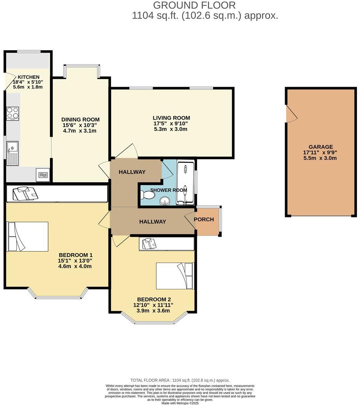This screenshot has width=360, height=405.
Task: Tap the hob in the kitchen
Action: click(13, 113)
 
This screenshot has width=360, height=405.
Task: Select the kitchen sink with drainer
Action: click(12, 153)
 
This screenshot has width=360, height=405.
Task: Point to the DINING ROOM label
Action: click(81, 120)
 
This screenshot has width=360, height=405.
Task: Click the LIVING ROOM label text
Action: click(171, 118)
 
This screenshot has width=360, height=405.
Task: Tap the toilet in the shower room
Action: click(147, 195)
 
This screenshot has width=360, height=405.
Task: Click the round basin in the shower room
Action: click(166, 200)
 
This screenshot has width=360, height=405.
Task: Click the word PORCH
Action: click(204, 220)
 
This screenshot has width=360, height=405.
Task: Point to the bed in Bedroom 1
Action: click(28, 236)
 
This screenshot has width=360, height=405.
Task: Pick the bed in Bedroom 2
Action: click(175, 276)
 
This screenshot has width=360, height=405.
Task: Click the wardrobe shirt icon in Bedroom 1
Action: click(25, 193)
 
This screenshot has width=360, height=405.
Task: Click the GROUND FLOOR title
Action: click(194, 5)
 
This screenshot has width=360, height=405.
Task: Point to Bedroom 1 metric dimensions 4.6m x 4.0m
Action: click(75, 266)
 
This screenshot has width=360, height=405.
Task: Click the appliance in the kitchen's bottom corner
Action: click(43, 175)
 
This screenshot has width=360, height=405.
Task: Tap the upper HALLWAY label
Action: click(132, 172)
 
